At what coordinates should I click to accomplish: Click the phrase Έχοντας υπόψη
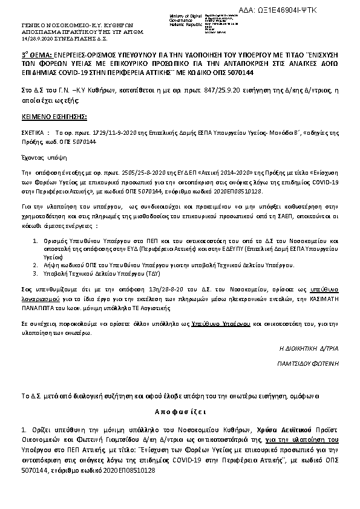tap(40, 155)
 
